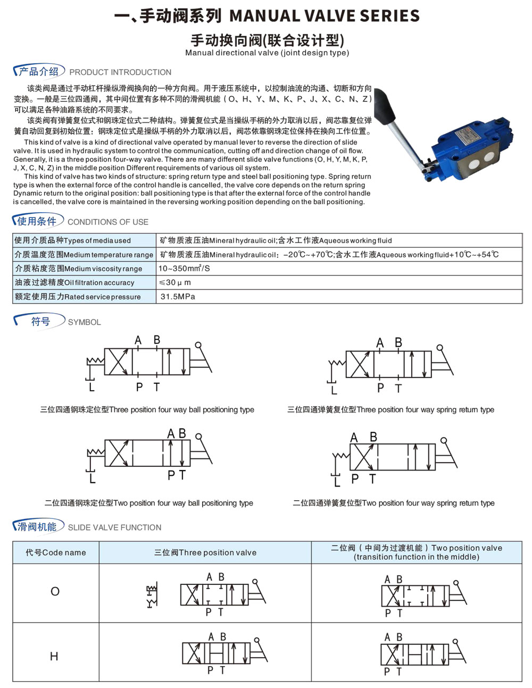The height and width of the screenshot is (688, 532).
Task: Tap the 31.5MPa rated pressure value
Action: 178,297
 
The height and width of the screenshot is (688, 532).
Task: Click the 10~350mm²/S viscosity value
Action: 184,269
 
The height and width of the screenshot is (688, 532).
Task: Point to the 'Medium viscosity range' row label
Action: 79,269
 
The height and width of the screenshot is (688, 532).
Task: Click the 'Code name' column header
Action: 56,552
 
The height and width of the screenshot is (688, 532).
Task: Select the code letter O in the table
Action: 55,591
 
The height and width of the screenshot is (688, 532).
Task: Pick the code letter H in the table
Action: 54,656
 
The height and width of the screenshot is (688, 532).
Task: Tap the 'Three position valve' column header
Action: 205,552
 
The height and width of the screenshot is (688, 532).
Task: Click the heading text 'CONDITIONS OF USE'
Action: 108,222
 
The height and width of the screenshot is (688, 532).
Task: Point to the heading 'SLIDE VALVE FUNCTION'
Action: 114,527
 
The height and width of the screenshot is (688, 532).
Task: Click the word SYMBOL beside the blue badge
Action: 85,322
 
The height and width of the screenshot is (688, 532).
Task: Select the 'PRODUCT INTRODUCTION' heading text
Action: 120,72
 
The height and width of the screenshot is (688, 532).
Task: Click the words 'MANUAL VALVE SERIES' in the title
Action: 325,16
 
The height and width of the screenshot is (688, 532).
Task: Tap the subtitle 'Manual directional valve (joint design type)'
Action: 267,53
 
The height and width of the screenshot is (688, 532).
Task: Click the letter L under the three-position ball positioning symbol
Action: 92,387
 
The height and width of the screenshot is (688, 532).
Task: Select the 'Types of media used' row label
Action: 72,240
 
